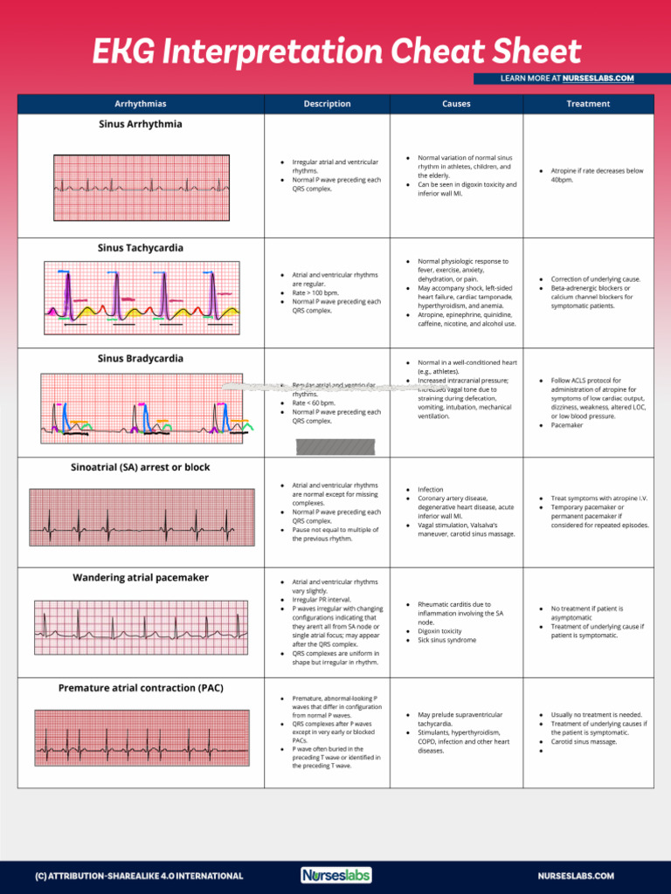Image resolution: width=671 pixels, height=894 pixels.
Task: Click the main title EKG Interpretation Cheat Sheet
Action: click(336, 52)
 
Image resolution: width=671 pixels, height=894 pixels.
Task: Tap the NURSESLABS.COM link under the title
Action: click(598, 79)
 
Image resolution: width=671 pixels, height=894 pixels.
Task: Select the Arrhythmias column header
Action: click(141, 104)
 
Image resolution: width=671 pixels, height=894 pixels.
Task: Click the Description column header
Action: click(327, 104)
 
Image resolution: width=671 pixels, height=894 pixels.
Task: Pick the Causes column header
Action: click(456, 104)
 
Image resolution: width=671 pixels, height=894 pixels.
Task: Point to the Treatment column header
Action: click(588, 104)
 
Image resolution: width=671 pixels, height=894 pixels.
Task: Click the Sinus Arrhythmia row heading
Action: click(141, 125)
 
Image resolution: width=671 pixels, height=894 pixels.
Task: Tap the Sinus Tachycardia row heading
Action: click(141, 249)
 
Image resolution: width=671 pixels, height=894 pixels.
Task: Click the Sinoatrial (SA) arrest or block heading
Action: click(141, 468)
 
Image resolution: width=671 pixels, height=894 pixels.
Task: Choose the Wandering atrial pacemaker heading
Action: click(141, 578)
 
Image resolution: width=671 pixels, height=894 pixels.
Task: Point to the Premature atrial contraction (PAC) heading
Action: click(141, 688)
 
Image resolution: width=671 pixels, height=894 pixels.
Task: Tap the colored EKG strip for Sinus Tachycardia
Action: click(142, 294)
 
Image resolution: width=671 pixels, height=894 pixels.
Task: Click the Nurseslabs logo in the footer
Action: click(336, 875)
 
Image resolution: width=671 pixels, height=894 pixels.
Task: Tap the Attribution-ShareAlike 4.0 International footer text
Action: click(139, 876)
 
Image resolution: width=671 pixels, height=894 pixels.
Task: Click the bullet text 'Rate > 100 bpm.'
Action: click(315, 293)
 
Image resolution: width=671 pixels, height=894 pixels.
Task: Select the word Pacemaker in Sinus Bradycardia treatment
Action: click(568, 425)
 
